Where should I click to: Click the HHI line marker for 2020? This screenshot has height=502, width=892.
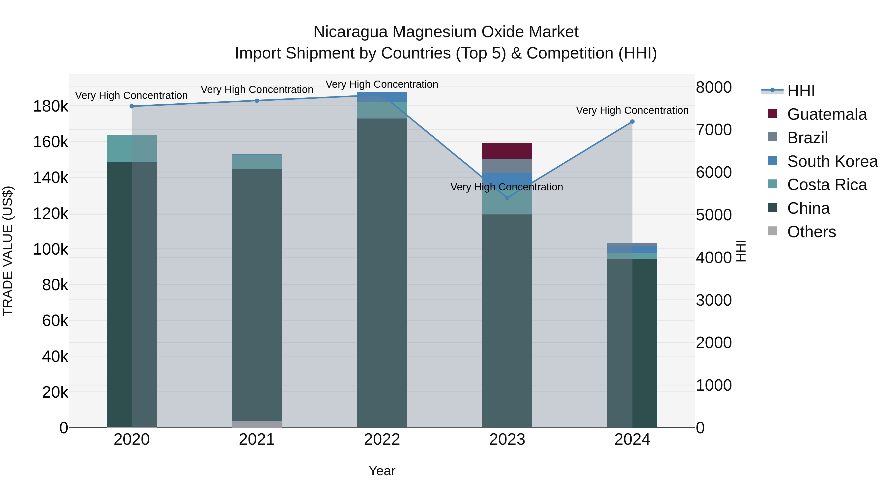click(x=132, y=106)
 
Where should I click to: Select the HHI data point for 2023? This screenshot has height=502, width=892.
click(x=507, y=198)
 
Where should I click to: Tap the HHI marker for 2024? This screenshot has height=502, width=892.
click(x=632, y=122)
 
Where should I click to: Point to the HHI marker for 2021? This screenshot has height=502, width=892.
click(x=257, y=101)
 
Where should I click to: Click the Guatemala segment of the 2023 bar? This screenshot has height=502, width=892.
click(x=507, y=151)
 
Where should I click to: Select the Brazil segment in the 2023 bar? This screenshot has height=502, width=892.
click(x=507, y=166)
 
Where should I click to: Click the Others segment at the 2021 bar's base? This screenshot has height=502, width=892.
click(x=257, y=424)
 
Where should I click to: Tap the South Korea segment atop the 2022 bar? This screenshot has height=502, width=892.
click(x=382, y=97)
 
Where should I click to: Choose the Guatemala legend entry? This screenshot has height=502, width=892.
click(x=827, y=114)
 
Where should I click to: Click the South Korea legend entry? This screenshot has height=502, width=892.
click(x=832, y=161)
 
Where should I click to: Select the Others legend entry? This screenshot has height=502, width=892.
click(x=811, y=232)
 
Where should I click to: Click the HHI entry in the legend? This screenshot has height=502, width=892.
click(x=801, y=91)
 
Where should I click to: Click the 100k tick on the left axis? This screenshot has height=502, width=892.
click(x=51, y=249)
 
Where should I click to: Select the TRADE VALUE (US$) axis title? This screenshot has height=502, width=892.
click(x=8, y=251)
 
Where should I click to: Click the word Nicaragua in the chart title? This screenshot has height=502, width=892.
click(x=350, y=32)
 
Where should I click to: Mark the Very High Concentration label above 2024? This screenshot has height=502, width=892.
click(x=632, y=111)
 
